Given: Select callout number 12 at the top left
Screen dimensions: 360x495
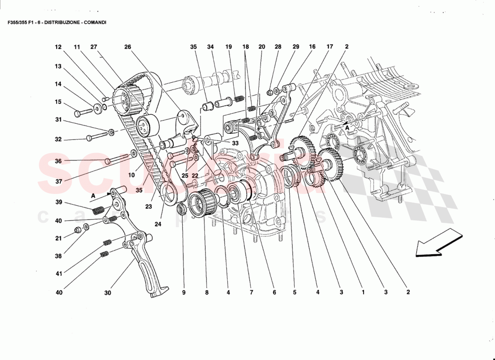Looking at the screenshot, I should [58, 47].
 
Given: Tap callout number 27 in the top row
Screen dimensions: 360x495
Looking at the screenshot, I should [94, 47].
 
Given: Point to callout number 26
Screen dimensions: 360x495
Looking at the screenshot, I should [128, 47].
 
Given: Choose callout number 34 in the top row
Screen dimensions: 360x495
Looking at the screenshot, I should [211, 47].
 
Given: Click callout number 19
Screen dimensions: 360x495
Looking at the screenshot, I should [229, 47].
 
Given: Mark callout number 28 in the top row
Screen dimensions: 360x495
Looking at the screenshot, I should [278, 47].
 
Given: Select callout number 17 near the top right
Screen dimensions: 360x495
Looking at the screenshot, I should [330, 47].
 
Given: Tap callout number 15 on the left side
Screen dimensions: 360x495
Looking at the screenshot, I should [58, 102].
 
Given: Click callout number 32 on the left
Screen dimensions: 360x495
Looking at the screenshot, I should [58, 139].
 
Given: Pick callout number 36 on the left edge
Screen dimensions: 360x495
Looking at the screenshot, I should [58, 161].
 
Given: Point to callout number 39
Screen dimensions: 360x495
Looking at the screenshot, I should [58, 202].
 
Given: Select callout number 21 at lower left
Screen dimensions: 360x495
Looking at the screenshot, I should [58, 238].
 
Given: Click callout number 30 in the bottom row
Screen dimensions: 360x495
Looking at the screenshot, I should [108, 293].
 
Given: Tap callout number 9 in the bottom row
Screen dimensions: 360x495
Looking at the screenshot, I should [184, 293].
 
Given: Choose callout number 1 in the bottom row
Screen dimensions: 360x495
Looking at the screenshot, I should [363, 293].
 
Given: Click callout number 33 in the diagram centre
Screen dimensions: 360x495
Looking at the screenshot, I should [235, 143].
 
